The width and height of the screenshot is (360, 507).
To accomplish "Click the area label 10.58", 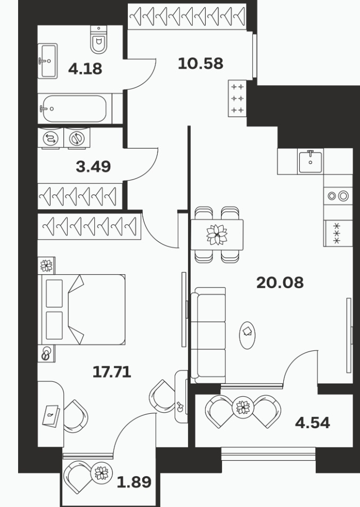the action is (x=201, y=63).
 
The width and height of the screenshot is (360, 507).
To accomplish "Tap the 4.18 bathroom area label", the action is (x=85, y=69).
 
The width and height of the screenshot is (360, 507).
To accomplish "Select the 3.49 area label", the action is (x=93, y=167).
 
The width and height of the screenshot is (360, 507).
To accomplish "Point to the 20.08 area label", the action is (x=280, y=283).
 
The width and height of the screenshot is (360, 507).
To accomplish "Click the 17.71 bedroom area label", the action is (x=112, y=372).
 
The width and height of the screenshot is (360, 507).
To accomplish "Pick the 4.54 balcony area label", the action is (x=313, y=423).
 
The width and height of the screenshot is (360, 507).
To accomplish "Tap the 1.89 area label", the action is (x=134, y=483).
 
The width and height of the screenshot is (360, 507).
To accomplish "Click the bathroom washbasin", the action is (x=48, y=61).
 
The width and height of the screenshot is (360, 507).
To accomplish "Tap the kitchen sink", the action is (x=310, y=161).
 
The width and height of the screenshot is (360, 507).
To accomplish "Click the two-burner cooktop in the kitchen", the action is (x=338, y=195).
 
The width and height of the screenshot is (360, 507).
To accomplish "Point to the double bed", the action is (x=81, y=309).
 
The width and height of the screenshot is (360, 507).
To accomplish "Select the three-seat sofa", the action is (x=208, y=335).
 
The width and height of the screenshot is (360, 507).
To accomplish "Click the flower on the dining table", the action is (x=217, y=234).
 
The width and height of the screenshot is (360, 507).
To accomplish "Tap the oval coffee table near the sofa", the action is (x=247, y=336).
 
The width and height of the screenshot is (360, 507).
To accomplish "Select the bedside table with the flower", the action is (x=46, y=265).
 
